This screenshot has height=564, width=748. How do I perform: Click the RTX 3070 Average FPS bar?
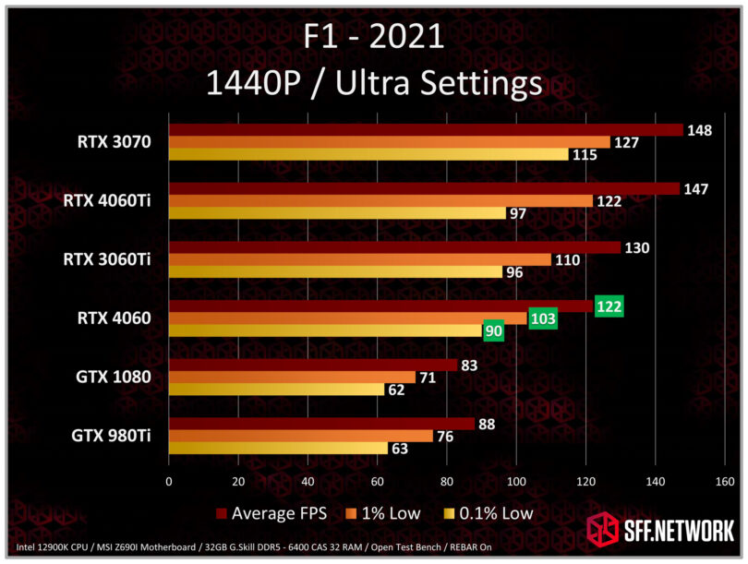425,130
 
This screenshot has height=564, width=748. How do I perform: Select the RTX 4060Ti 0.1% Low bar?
337,213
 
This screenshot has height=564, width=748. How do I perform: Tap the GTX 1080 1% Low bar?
292,377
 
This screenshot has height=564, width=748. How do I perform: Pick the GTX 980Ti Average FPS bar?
320,424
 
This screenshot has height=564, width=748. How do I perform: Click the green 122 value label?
609,306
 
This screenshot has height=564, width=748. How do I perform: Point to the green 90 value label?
494,330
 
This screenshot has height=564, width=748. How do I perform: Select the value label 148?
699,130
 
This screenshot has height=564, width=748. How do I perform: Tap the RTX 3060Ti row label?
107,260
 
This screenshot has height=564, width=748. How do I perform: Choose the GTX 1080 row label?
115,378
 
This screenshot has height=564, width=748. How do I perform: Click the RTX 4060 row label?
115,319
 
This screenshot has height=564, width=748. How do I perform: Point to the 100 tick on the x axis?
515,481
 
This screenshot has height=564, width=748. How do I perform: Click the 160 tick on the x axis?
724,481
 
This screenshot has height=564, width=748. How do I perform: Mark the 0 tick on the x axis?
169,481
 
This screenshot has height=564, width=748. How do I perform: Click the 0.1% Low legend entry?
488,512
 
